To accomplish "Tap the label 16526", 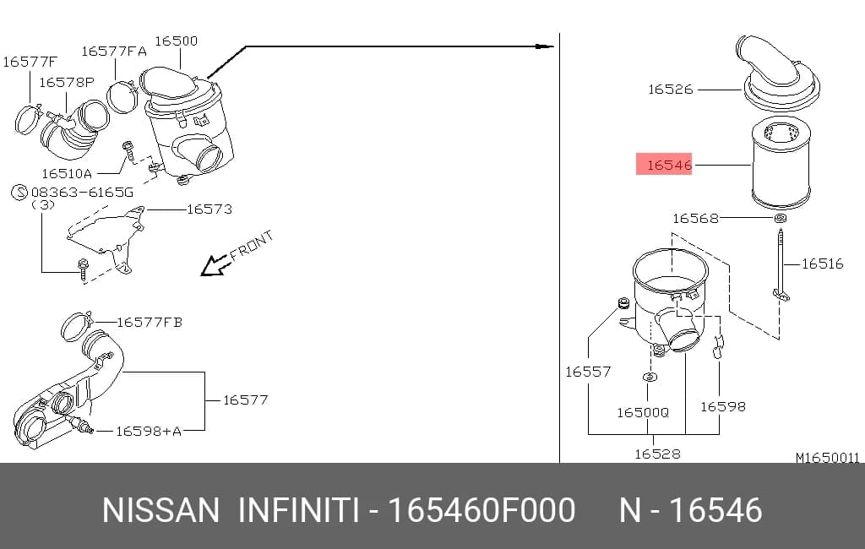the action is coord(670,90).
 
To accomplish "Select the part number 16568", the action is coord(695,219).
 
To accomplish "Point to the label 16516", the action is coord(822,264).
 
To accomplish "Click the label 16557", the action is coord(588,372).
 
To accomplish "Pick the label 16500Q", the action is coord(643,413).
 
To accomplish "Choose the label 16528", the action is coord(657,454).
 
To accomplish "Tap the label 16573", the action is coord(209,209).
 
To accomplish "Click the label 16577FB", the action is coord(150,323).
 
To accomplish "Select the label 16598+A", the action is coord(149,432).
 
